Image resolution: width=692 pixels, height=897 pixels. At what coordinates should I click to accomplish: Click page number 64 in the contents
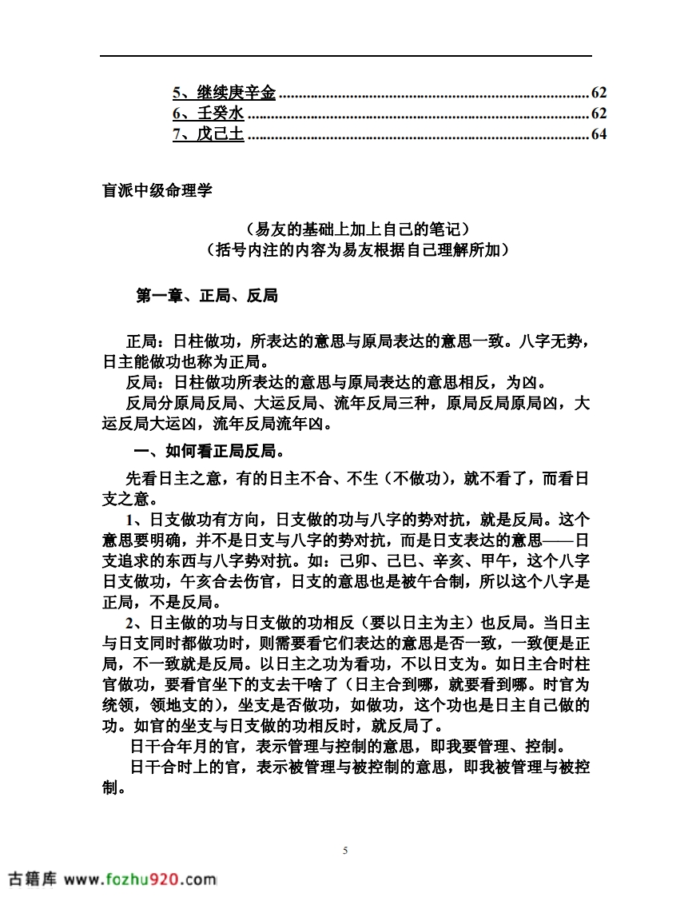pyautogui.click(x=599, y=134)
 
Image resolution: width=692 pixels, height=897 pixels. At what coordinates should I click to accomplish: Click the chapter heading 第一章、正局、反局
pyautogui.click(x=207, y=296)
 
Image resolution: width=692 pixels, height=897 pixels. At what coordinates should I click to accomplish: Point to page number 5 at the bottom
pyautogui.click(x=345, y=851)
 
